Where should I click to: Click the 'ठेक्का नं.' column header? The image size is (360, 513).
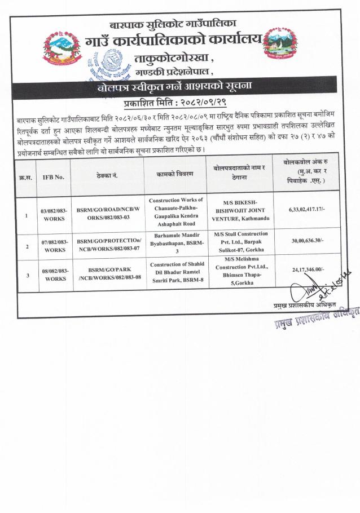tap(107, 176)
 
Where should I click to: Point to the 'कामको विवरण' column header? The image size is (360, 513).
tap(177, 175)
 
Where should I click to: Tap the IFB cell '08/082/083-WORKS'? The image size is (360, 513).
tap(54, 275)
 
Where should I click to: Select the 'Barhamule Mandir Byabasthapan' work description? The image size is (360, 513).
tap(177, 241)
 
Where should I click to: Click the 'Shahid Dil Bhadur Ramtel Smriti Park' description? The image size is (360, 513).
tap(177, 272)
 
